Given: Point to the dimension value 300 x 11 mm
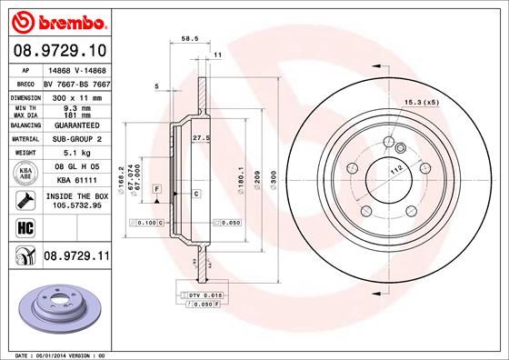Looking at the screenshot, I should click(75, 95).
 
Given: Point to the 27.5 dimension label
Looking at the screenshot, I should click(202, 136).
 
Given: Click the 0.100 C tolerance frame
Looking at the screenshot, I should click(145, 222).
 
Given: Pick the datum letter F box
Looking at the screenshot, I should click(157, 189).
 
